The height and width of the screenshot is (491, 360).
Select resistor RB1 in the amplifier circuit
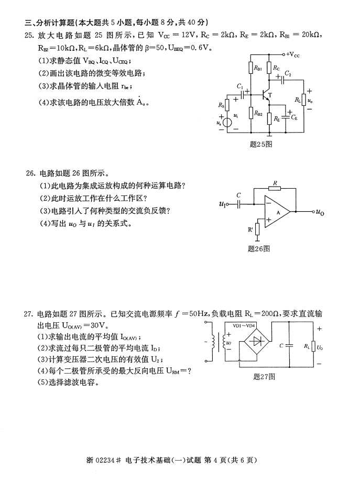tap(250, 68)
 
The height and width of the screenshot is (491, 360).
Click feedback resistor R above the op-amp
tap(275, 188)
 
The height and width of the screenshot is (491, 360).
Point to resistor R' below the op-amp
tap(258, 229)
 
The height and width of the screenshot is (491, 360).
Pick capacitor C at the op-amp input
tap(239, 204)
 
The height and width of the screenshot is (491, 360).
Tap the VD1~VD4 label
tap(244, 325)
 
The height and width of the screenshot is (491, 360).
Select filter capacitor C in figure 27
tap(289, 345)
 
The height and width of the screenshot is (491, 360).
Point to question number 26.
tap(30, 172)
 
